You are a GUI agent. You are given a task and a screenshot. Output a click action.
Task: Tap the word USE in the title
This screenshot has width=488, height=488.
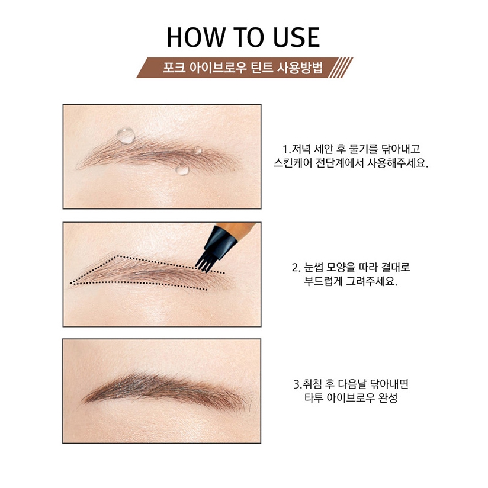[x=296, y=37]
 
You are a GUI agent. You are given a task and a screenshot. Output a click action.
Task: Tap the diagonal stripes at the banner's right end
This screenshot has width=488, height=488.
[x=341, y=68]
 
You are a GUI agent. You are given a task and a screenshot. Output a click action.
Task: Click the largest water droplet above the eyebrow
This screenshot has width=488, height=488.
[x=126, y=136]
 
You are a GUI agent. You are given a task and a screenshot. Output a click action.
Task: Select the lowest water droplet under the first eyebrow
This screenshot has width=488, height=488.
[x=182, y=169]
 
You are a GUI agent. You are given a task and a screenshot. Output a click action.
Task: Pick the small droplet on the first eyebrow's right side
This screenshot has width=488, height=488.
[x=198, y=150]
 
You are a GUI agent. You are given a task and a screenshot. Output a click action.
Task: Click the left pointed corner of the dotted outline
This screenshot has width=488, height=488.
[x=71, y=284]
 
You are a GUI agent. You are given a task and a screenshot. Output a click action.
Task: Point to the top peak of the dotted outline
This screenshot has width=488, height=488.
[x=117, y=256]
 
